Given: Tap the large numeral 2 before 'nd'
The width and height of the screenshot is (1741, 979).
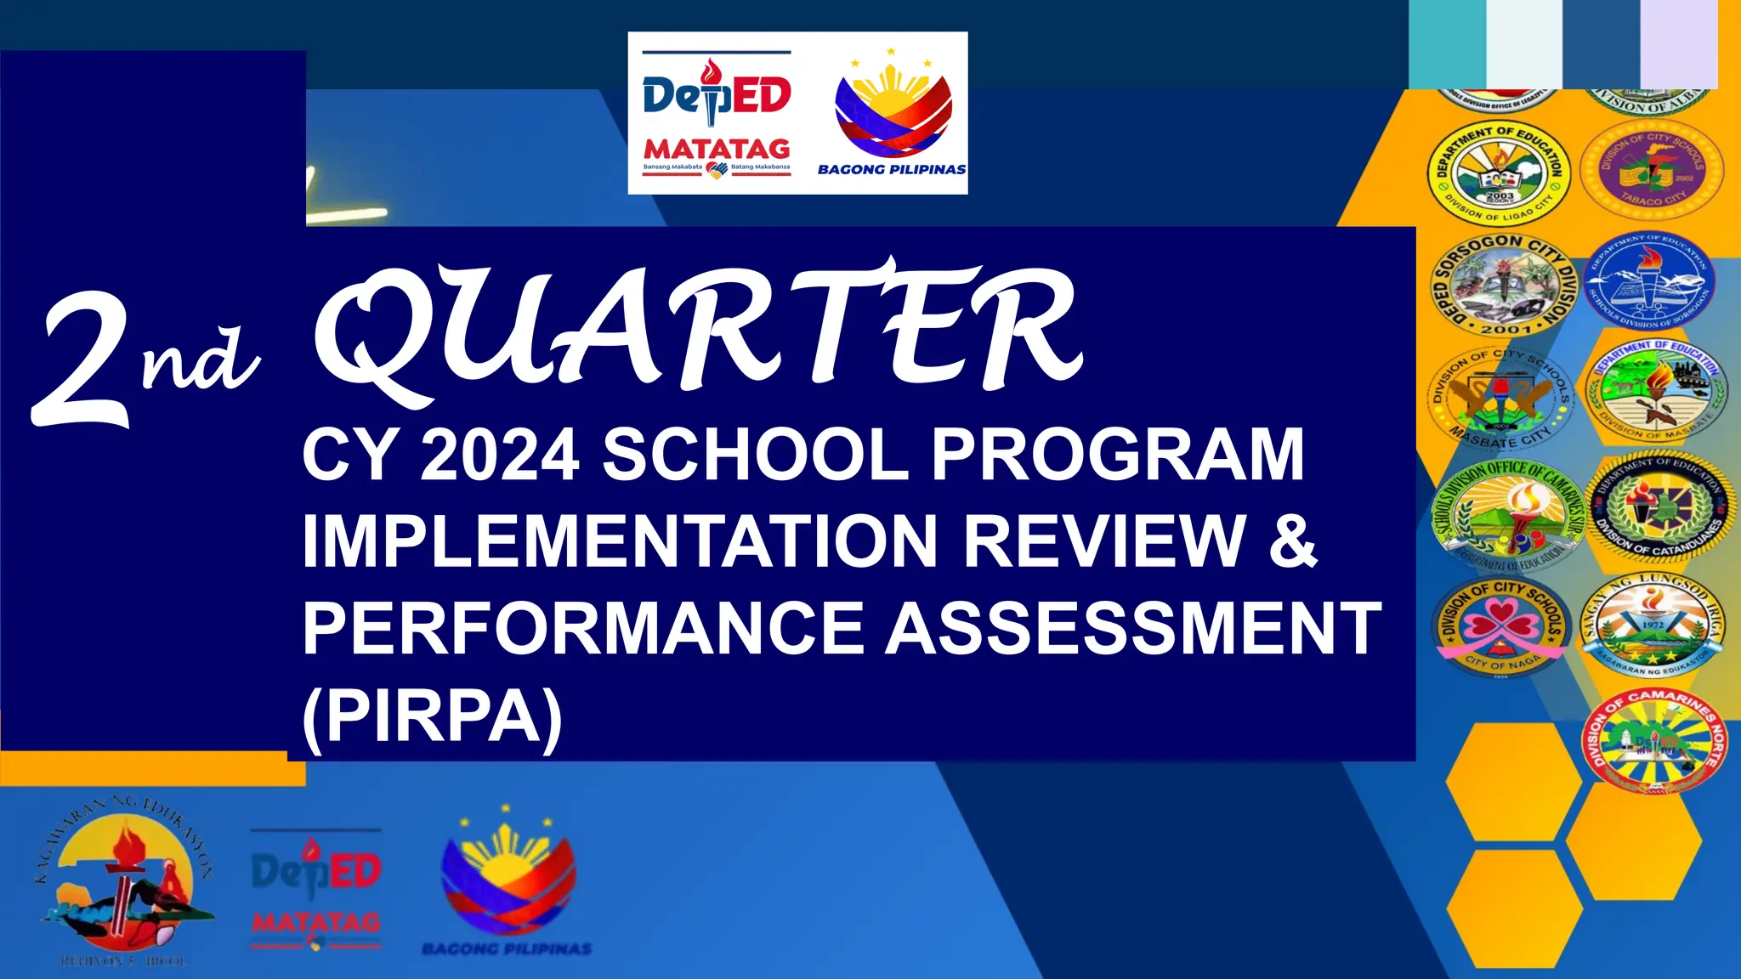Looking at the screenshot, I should tap(82, 361).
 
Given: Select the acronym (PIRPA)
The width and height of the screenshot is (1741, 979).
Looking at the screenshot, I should tap(432, 716).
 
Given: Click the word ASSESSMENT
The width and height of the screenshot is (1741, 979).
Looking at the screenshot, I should tap(1134, 629).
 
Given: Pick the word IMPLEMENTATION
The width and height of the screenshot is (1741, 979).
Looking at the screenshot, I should tap(619, 541).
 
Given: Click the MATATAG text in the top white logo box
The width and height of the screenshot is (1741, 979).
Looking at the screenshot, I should tap(716, 150).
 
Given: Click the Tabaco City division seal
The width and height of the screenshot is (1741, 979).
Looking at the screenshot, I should tap(1652, 170).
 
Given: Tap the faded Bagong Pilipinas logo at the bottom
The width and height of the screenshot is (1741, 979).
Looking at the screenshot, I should tap(508, 884).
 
